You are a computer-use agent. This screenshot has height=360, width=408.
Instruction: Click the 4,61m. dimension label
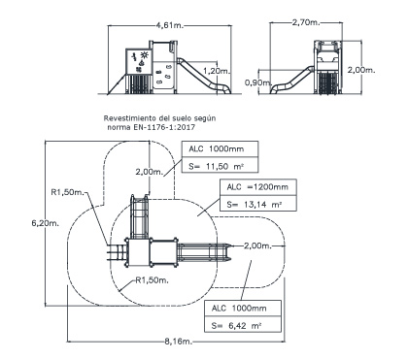click(170, 25)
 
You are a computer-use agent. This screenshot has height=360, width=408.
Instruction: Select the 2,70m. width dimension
click(306, 22)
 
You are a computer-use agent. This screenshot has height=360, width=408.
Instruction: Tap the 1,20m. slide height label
click(217, 71)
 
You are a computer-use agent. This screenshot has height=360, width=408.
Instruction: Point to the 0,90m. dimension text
click(257, 82)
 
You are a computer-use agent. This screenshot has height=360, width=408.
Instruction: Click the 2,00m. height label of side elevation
click(361, 70)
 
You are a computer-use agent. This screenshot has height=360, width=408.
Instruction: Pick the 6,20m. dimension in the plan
click(46, 223)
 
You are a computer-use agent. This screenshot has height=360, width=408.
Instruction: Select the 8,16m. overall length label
click(179, 342)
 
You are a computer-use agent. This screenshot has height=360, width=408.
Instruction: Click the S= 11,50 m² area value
click(216, 166)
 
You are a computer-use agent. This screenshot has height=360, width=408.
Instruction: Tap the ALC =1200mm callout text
click(257, 187)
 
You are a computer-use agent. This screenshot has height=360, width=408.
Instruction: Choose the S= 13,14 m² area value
click(254, 205)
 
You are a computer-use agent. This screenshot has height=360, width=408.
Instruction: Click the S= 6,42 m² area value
click(236, 325)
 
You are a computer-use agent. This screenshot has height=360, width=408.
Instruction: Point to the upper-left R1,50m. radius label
click(67, 192)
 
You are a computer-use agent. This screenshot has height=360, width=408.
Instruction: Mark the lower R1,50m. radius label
click(152, 280)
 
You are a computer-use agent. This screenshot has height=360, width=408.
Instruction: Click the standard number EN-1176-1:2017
click(163, 127)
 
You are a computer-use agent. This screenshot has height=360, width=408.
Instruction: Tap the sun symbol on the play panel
click(145, 55)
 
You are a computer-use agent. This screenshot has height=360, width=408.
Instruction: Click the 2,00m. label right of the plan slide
click(257, 245)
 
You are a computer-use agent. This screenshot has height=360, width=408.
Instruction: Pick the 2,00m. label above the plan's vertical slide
click(150, 172)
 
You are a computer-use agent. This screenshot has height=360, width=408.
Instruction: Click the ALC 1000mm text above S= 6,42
click(239, 308)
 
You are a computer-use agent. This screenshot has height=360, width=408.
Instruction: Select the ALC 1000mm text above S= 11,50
click(217, 148)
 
